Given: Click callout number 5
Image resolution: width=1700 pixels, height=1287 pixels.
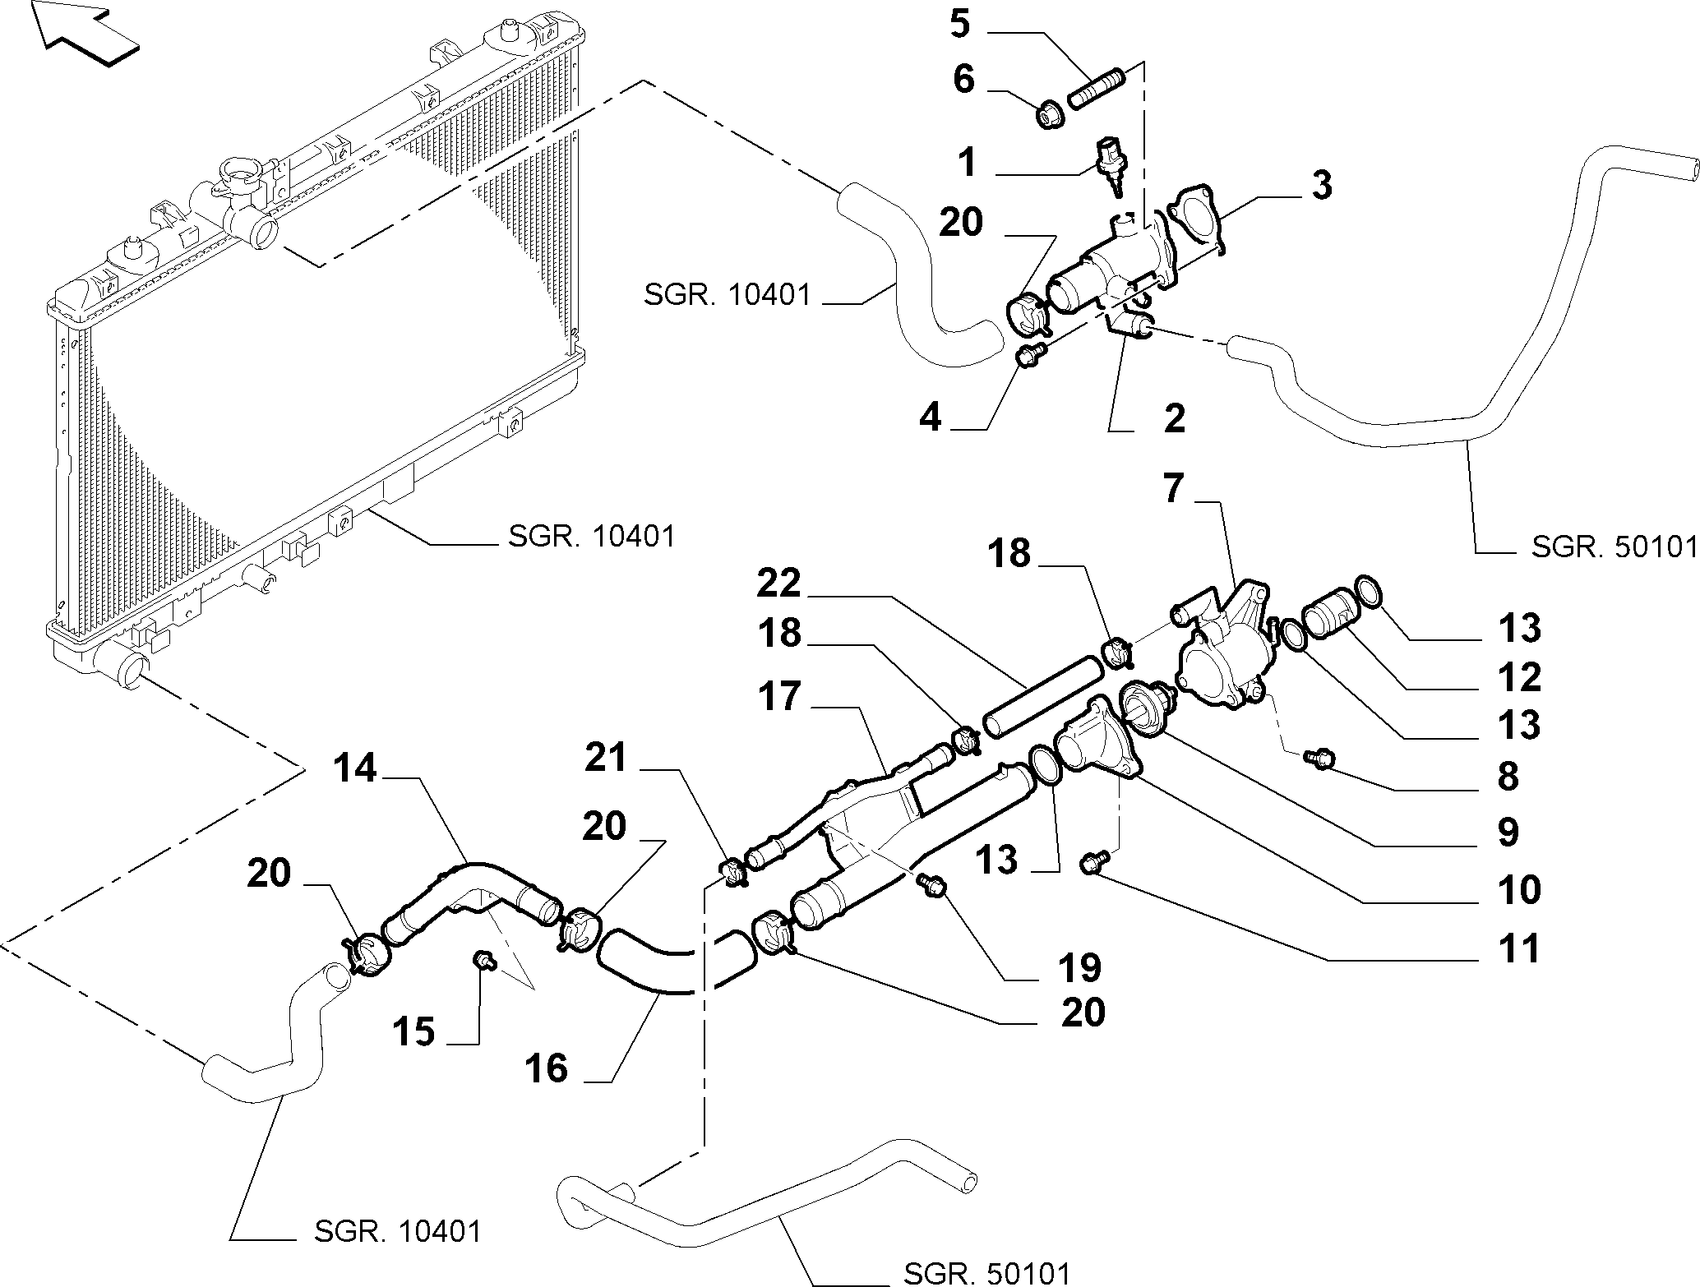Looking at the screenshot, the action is [960, 24].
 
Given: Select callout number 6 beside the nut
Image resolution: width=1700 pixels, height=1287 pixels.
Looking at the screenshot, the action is [963, 81].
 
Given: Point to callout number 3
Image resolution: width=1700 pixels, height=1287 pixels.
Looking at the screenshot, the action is [1320, 186].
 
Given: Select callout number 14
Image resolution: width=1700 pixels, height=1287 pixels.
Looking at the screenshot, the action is [355, 769].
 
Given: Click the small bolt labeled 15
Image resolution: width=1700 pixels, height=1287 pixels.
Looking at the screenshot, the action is [484, 960].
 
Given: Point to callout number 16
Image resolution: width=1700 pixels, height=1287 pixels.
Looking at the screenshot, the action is [547, 1068].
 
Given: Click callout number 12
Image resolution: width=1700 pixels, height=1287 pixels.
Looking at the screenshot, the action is [1518, 677].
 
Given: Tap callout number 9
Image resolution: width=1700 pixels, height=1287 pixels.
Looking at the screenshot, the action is [1508, 833].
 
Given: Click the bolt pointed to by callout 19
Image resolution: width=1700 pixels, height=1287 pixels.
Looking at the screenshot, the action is [932, 884].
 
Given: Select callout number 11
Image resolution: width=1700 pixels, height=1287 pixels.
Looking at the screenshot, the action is [1518, 948].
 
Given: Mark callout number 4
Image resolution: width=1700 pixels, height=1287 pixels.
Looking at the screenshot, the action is [930, 418].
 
